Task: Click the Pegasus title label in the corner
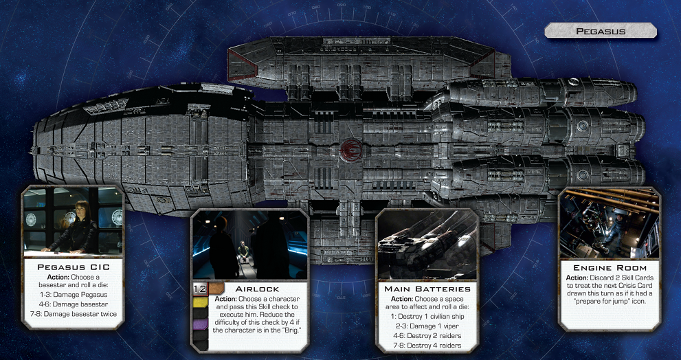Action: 600,31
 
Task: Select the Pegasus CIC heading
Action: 74,267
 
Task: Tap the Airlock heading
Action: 257,289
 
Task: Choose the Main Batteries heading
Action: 427,289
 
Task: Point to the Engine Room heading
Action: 610,267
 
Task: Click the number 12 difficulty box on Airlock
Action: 200,289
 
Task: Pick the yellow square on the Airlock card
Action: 200,302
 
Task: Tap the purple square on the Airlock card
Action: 200,324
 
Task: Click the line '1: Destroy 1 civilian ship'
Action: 427,316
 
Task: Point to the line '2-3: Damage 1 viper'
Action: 427,326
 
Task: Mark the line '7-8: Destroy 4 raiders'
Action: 427,346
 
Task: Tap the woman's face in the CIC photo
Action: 81,208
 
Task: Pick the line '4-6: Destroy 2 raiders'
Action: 427,336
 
